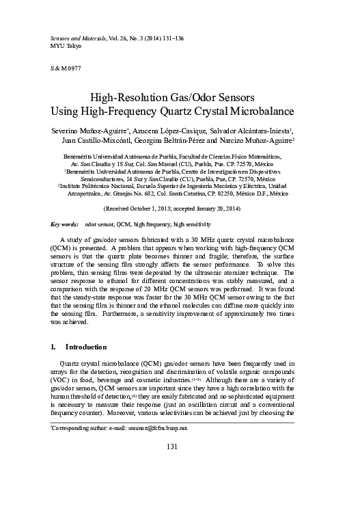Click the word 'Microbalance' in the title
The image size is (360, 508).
[261, 110]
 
